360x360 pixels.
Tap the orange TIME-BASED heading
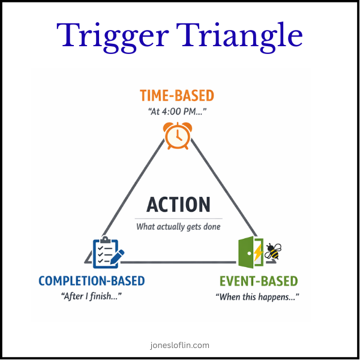176,95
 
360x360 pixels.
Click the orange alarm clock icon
178,136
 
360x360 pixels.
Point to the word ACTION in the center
178,205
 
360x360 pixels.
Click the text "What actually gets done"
178,227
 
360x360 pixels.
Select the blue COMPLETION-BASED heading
92,281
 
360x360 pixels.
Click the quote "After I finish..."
92,297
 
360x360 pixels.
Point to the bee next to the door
273,251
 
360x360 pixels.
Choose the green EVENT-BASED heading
258,281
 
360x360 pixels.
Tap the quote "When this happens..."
257,297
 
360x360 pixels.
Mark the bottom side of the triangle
180,262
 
